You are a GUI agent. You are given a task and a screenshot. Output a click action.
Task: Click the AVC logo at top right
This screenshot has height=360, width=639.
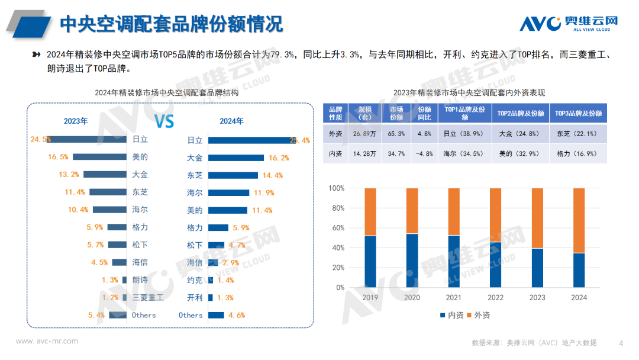pyautogui.click(x=569, y=23)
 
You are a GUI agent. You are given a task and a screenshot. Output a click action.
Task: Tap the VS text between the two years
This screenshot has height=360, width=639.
pyautogui.click(x=164, y=121)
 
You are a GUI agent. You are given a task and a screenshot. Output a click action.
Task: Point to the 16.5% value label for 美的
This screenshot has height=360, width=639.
pyautogui.click(x=58, y=157)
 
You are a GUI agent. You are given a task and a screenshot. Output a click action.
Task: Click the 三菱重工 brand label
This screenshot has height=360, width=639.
pyautogui.click(x=148, y=298)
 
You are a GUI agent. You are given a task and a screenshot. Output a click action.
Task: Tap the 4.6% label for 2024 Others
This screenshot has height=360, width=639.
pyautogui.click(x=236, y=316)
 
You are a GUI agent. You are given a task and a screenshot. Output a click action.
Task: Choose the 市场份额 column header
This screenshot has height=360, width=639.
pyautogui.click(x=396, y=113)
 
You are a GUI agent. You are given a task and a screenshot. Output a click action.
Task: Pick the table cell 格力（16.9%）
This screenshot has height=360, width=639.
pyautogui.click(x=577, y=153)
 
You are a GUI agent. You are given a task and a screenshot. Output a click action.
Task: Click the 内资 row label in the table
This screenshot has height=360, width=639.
pyautogui.click(x=335, y=153)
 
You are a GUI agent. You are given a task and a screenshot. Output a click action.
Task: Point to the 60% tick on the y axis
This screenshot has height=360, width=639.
pyautogui.click(x=337, y=228)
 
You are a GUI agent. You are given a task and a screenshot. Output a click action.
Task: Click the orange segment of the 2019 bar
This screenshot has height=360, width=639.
pyautogui.click(x=370, y=212)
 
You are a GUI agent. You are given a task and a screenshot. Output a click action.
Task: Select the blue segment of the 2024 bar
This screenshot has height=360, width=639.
pyautogui.click(x=579, y=270)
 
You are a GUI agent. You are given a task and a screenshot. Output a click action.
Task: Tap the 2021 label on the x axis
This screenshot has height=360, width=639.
pyautogui.click(x=454, y=298)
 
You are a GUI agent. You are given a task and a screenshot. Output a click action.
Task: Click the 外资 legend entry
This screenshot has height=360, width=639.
pyautogui.click(x=479, y=316)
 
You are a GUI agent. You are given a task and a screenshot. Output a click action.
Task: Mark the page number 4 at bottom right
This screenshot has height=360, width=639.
pyautogui.click(x=621, y=343)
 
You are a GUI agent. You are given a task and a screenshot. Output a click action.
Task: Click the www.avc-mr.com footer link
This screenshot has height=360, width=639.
pyautogui.click(x=47, y=342)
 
